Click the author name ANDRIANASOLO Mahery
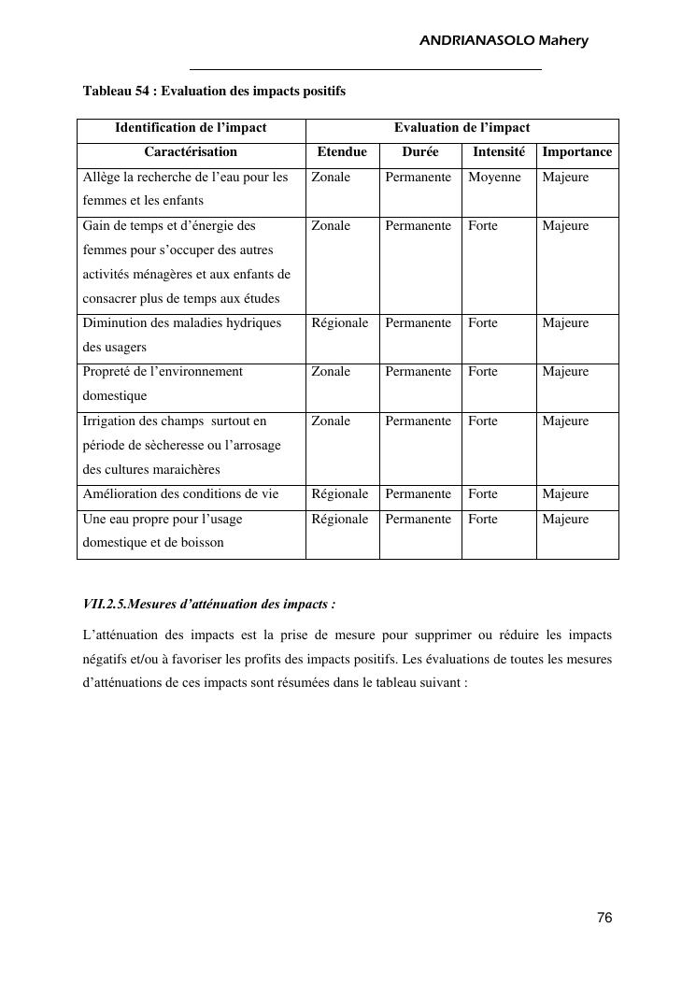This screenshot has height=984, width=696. point(504,41)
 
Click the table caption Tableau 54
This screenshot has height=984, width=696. point(214,92)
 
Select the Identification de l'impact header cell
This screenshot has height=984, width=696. point(191,128)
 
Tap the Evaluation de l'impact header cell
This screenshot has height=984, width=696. point(462,128)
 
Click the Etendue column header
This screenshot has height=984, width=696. point(342,151)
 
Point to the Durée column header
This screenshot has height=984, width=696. point(420,151)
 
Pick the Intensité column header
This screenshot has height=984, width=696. point(499,151)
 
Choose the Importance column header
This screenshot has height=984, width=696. point(577,151)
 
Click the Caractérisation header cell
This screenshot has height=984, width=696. point(191,151)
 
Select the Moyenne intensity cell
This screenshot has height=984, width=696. point(494,177)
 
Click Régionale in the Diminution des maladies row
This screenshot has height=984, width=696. point(340,323)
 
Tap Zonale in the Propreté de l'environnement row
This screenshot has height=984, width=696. point(331,372)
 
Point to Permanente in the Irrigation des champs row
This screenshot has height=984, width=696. point(418,421)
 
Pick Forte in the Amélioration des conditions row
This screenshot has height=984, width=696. point(483,494)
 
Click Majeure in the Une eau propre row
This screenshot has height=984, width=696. point(565,520)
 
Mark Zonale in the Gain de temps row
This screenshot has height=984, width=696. point(331,226)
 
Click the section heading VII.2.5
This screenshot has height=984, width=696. point(209,604)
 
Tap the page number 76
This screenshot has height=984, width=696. point(604,919)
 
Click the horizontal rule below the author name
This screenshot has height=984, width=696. point(365,69)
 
